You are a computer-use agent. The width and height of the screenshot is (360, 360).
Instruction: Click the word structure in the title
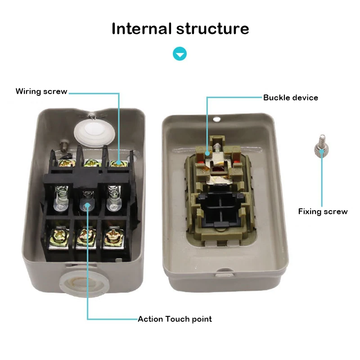click(212, 28)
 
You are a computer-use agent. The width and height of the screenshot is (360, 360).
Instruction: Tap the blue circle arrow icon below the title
click(180, 54)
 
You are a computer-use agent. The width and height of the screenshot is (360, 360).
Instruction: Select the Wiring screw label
click(41, 91)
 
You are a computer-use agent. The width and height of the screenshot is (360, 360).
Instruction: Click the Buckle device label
click(290, 98)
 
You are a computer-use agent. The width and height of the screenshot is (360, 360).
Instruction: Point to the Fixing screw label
click(323, 211)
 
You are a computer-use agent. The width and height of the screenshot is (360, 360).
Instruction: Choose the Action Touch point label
click(175, 319)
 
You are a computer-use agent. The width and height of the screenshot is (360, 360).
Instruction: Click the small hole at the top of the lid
click(217, 120)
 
